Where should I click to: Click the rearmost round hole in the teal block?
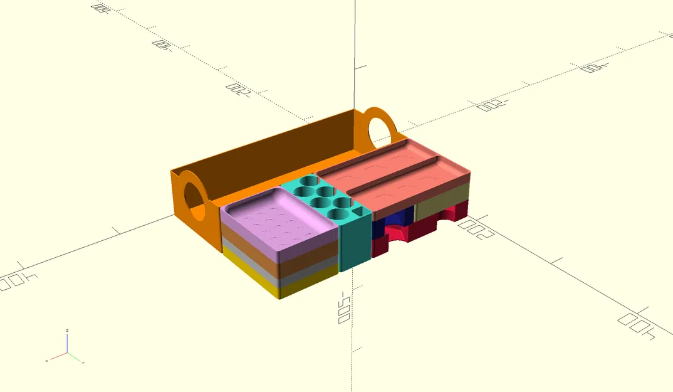point(308,181)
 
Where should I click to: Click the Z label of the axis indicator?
point(67,330)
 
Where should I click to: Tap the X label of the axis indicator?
point(47,361)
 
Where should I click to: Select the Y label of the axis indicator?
point(83,363)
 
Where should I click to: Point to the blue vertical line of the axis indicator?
point(67,343)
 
